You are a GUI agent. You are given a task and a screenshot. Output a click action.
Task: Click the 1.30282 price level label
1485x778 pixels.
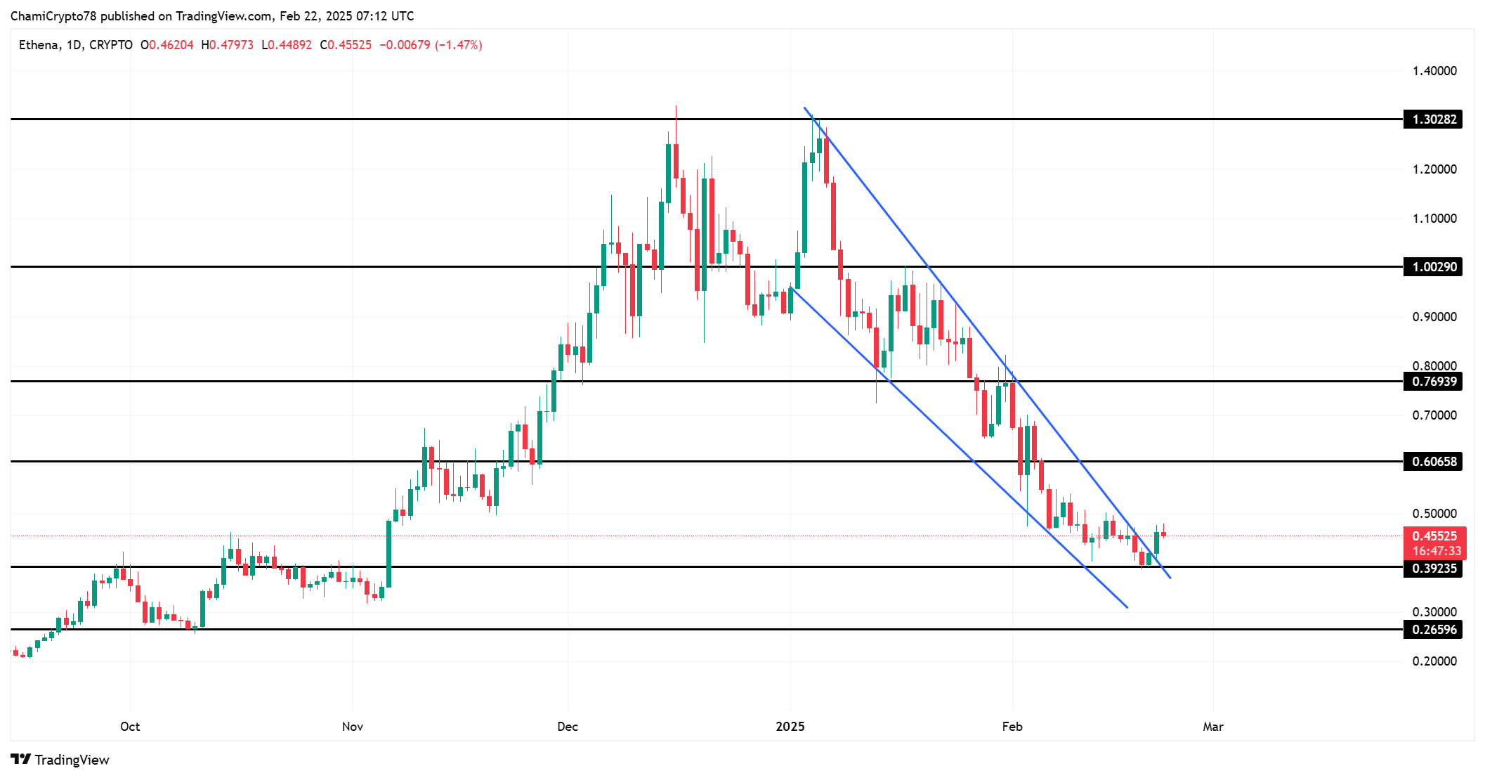tap(1433, 119)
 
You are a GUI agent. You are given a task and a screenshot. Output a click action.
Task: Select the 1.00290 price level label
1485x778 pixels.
tap(1433, 267)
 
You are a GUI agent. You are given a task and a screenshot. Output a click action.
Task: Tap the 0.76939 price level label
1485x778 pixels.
tap(1433, 382)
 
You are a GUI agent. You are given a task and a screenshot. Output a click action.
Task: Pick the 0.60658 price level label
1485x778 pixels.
tap(1433, 462)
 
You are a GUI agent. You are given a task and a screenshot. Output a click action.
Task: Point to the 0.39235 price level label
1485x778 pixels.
tap(1433, 569)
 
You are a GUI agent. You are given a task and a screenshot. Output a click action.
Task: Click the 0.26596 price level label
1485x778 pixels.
tap(1433, 630)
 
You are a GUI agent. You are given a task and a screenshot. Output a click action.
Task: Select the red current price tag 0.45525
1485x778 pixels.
tap(1434, 536)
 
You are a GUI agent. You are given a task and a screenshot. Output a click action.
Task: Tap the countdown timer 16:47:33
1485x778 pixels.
tap(1436, 552)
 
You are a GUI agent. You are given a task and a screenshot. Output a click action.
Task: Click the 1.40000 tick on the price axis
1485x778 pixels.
tap(1434, 71)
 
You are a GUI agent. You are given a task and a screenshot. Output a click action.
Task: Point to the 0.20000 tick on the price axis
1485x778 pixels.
tap(1434, 661)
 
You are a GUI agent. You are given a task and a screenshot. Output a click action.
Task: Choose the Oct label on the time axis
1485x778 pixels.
tap(130, 727)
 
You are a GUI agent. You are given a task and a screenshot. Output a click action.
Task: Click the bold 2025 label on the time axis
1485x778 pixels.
tap(790, 727)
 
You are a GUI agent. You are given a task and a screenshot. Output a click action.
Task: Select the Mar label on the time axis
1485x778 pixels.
tap(1212, 727)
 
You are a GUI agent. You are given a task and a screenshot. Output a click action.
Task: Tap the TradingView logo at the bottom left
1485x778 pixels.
tap(60, 760)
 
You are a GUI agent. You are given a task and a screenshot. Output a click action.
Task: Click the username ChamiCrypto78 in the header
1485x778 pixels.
tap(53, 16)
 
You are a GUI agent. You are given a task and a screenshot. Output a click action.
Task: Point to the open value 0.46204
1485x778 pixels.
tap(171, 45)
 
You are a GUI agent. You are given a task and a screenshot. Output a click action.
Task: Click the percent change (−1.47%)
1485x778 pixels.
tap(458, 45)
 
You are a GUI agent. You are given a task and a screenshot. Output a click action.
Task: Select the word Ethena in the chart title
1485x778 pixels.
tap(38, 45)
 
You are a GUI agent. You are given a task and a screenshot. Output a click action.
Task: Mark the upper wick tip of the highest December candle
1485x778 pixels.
tap(676, 106)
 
